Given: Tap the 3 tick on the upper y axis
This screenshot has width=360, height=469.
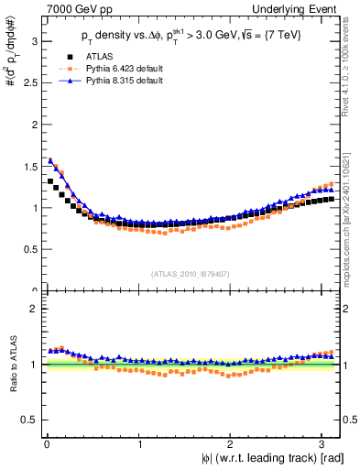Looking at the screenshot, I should pyautogui.click(x=32, y=41).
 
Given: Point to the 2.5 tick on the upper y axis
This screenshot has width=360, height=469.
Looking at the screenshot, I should pyautogui.click(x=27, y=83).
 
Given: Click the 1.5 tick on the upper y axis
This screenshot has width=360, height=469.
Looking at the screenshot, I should pyautogui.click(x=27, y=167).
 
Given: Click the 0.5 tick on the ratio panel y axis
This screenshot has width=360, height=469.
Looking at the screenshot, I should pyautogui.click(x=27, y=420).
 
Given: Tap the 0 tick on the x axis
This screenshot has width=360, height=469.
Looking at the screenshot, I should pyautogui.click(x=46, y=443).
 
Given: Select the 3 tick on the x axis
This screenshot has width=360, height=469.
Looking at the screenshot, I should pyautogui.click(x=324, y=443).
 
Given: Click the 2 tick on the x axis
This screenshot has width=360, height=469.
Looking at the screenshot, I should pyautogui.click(x=232, y=443).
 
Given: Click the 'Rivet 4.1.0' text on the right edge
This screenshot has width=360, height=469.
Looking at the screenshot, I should pyautogui.click(x=351, y=55).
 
